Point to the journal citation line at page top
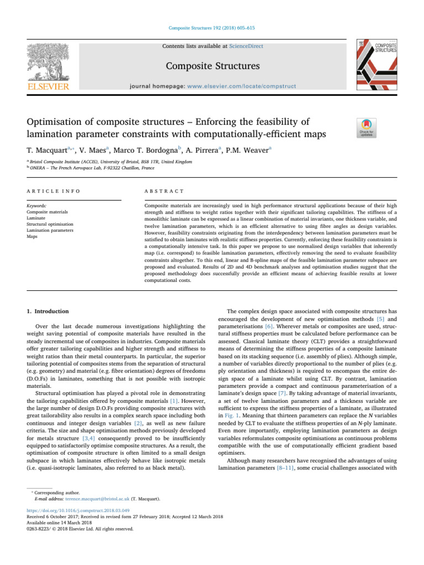click(x=212, y=28)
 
